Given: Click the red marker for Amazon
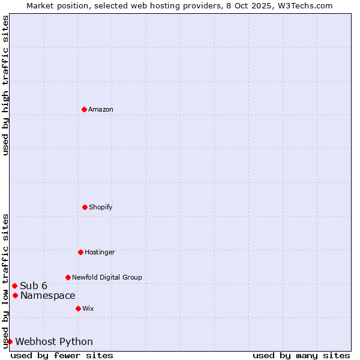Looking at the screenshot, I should coord(84,109).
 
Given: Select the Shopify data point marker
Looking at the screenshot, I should coord(85,207).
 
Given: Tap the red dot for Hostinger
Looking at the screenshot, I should coord(80,252).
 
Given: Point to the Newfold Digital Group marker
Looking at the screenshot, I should coord(68,277).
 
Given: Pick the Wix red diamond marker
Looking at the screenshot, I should coord(78,308).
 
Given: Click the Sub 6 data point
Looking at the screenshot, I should coord(14,286).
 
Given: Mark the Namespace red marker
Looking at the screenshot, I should coord(15,295).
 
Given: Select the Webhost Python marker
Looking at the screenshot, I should coord(10,341).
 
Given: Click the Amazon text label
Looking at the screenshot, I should coord(101,109).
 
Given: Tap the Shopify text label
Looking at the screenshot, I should coord(101,207).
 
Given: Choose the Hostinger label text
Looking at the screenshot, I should coord(100,252).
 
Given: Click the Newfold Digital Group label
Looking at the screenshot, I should coord(107,277).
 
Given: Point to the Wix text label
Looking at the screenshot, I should coord(88,308).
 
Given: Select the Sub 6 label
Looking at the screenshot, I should coord(34,286).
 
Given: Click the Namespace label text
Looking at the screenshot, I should coord(48,295).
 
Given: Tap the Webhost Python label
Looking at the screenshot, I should coord(54,341).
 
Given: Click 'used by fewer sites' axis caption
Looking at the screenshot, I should coord(62,355).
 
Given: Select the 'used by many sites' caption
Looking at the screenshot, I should coord(301,355).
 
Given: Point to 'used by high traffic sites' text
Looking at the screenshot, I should coord(5,85).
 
